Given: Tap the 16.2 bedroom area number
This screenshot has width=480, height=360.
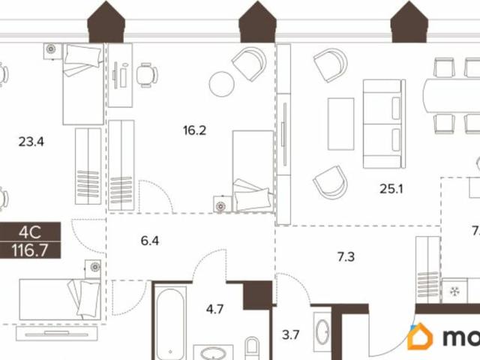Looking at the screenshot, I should point(194,130).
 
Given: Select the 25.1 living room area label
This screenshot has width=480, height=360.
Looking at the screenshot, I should point(391,189).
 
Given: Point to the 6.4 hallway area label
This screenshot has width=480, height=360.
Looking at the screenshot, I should point(151,241).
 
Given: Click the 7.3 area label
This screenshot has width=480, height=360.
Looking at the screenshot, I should point(346,256).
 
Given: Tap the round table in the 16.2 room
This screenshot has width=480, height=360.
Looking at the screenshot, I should point(223,83).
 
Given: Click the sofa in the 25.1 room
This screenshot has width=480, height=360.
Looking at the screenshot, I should point(383,124).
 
